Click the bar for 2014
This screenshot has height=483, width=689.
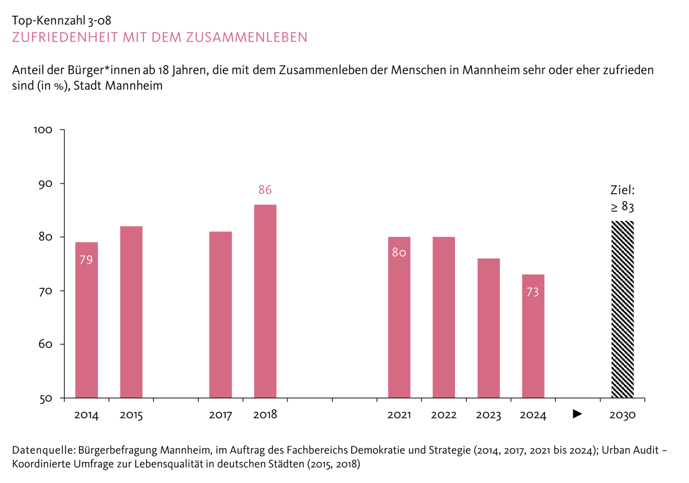point(86,320)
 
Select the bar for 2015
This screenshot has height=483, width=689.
point(131,312)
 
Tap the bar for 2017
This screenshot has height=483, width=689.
point(221,314)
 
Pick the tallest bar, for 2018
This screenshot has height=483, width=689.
point(265,301)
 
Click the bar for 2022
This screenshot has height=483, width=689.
point(444,317)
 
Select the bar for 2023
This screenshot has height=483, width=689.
point(489,328)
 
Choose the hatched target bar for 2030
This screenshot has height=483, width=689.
point(622,309)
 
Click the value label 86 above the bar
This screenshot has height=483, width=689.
point(265,190)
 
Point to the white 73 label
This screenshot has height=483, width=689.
point(533,292)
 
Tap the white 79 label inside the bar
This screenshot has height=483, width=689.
point(86,260)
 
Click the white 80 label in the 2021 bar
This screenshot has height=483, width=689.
point(399,253)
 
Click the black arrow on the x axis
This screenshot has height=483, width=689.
point(577,414)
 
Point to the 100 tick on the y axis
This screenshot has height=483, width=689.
point(43,130)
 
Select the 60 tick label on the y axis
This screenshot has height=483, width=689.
point(45,344)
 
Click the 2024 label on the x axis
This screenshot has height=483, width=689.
point(533,415)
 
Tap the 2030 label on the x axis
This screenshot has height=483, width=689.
point(622,415)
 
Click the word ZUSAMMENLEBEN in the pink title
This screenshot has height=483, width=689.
point(246,37)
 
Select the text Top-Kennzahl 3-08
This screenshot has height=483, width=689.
point(62,21)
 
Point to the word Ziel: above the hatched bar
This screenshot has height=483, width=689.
point(622,190)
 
